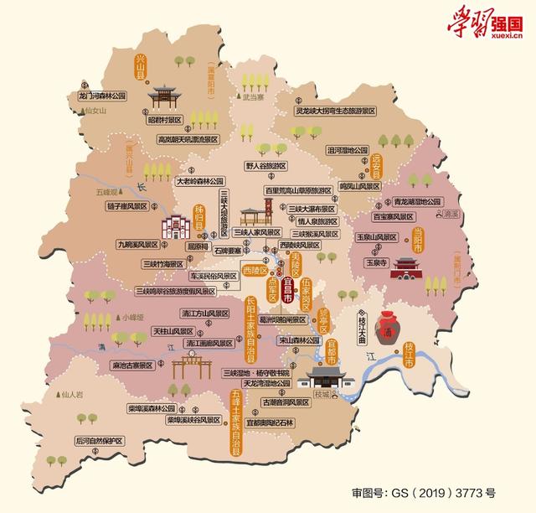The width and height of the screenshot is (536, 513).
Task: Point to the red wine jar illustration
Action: point(387,323)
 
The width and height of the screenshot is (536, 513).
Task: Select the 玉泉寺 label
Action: point(374,262)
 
